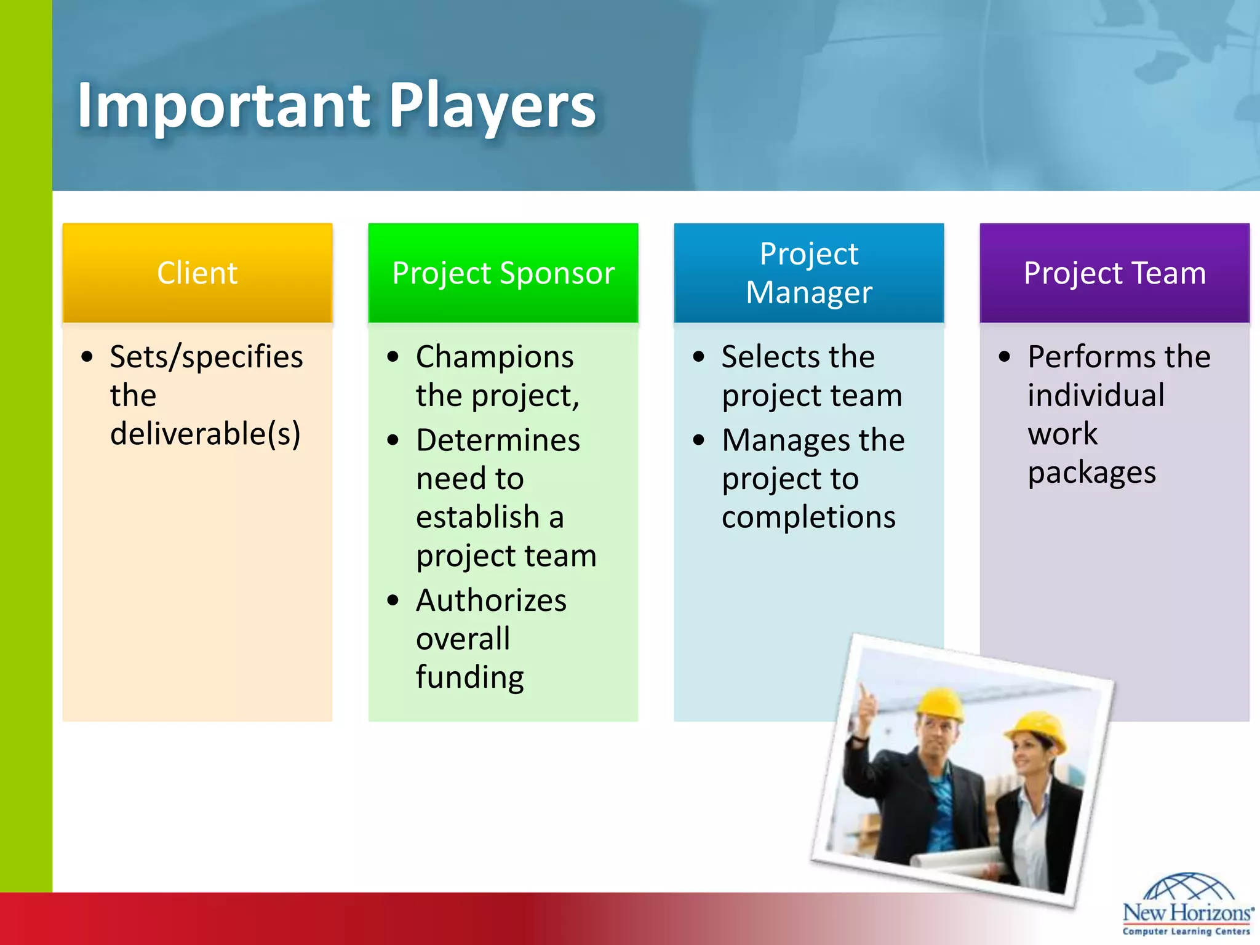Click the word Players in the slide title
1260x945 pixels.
tap(492, 106)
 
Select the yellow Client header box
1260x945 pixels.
tap(197, 273)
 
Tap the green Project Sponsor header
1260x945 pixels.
tap(503, 273)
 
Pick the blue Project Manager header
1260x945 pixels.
tap(808, 273)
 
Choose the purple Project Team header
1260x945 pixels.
tap(1114, 273)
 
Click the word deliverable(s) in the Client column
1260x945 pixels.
tap(205, 434)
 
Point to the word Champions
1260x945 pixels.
tap(495, 357)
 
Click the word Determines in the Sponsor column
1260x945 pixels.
tap(498, 441)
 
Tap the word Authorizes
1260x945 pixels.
tap(491, 600)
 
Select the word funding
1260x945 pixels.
tap(469, 677)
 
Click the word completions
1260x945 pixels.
tap(808, 517)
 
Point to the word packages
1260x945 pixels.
tap(1091, 473)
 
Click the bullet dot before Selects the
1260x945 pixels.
tap(698, 357)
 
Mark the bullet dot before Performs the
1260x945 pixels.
tap(1004, 357)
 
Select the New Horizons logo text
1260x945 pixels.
tap(1186, 912)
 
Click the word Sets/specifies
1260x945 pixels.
tap(206, 357)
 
